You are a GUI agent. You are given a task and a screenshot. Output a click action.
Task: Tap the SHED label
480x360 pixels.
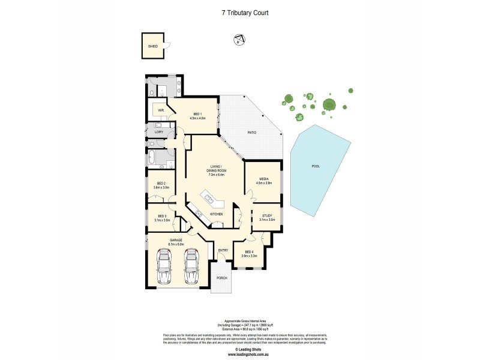(x=153, y=46)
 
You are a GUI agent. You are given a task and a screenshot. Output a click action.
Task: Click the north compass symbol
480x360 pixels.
(x=239, y=40)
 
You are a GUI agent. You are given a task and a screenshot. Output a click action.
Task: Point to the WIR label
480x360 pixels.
(x=161, y=111)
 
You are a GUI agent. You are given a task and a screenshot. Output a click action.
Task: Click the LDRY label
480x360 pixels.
(x=159, y=132)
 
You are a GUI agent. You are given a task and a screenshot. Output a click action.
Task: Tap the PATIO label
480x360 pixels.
(x=253, y=132)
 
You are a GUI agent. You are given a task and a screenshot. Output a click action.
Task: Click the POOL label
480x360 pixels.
(x=316, y=166)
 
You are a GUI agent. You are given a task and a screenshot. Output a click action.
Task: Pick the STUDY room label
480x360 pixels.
(x=266, y=217)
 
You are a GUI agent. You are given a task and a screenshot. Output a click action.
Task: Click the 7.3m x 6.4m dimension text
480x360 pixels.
(x=217, y=175)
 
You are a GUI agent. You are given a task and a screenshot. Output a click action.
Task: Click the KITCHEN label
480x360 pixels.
(x=217, y=214)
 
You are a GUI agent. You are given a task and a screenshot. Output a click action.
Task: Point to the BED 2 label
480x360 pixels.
(x=161, y=184)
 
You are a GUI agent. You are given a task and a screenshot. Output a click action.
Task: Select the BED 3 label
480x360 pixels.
(x=162, y=217)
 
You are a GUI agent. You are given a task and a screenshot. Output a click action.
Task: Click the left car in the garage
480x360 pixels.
(x=163, y=266)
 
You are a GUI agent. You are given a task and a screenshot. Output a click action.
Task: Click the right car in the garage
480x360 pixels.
(x=191, y=266)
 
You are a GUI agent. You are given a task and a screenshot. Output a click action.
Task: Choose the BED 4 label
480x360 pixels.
(x=249, y=252)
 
